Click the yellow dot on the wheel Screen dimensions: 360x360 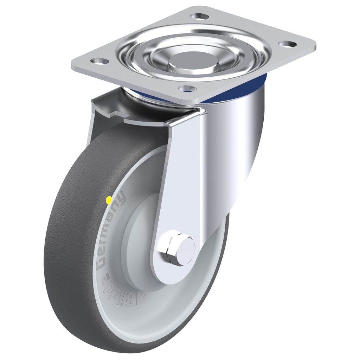point(109,200)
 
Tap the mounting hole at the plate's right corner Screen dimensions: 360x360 point(288,44)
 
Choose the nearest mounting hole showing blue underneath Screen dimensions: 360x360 point(187,89)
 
